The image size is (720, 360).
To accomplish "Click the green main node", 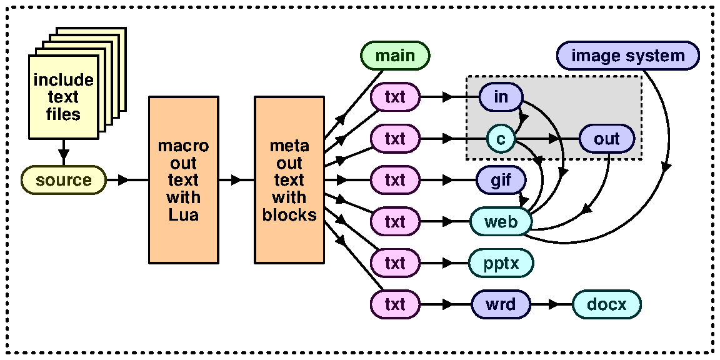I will pyautogui.click(x=395, y=56).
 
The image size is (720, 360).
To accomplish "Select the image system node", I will pyautogui.click(x=627, y=56).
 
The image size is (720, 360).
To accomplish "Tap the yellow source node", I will pyautogui.click(x=63, y=180).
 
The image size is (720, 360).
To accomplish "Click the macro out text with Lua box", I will pyautogui.click(x=183, y=180).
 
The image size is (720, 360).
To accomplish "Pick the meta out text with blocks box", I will pyautogui.click(x=289, y=180).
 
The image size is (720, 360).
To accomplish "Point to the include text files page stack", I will pyautogui.click(x=64, y=96).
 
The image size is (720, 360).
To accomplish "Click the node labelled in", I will pyautogui.click(x=501, y=97).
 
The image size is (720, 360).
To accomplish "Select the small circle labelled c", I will pyautogui.click(x=501, y=139).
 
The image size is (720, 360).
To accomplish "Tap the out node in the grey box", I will pyautogui.click(x=606, y=139).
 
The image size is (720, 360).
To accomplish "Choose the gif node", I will pyautogui.click(x=501, y=180).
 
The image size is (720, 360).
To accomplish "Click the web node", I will pyautogui.click(x=501, y=222).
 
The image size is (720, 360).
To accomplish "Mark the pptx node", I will pyautogui.click(x=501, y=263).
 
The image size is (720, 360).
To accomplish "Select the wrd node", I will pyautogui.click(x=501, y=305).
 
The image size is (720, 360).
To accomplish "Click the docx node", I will pyautogui.click(x=606, y=305).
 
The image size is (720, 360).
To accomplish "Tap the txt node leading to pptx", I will pyautogui.click(x=395, y=263).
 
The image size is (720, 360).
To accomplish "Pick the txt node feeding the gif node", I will pyautogui.click(x=395, y=180).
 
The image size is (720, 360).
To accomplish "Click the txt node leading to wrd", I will pyautogui.click(x=395, y=305).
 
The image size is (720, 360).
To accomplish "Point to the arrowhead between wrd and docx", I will pyautogui.click(x=553, y=305).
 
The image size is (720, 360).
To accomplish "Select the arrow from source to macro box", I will pyautogui.click(x=123, y=180).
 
